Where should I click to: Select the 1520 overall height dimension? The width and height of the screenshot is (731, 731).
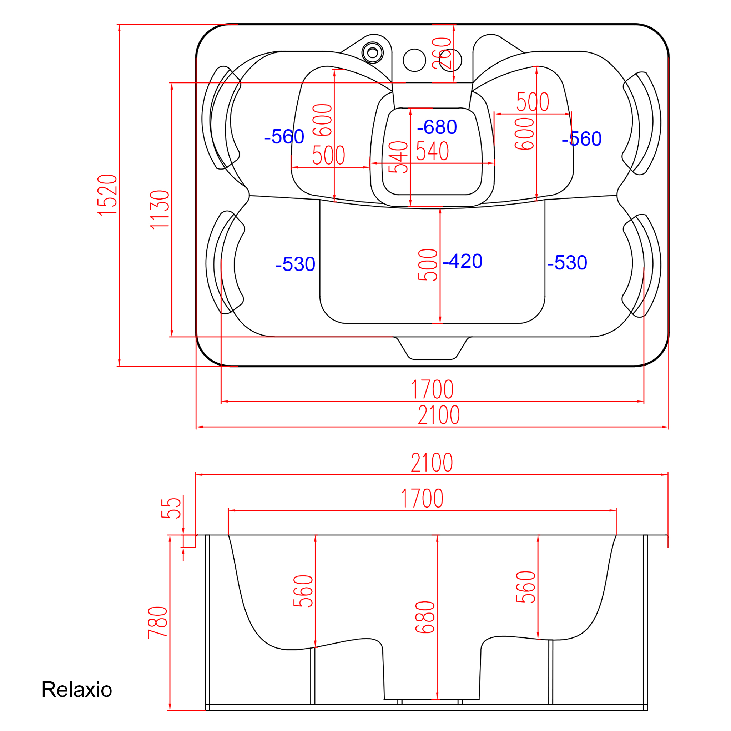pos(107,195)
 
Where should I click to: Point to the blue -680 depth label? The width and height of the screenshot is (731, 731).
pos(437,127)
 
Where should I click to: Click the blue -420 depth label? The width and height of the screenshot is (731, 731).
pos(462,261)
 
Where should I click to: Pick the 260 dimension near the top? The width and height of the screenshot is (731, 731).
pos(442,53)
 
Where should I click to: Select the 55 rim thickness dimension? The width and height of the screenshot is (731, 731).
pos(171,508)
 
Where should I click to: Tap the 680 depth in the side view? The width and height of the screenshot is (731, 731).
pos(425,617)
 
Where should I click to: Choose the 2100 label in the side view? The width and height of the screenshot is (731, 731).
pos(432,462)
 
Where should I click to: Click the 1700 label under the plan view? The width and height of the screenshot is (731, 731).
pos(432,389)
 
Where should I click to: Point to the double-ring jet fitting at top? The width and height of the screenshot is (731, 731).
pos(373,52)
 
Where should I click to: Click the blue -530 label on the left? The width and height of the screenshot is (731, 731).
pos(295,264)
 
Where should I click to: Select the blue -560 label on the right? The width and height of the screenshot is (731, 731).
pos(581,139)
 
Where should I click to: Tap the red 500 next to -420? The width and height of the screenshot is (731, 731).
pos(428,265)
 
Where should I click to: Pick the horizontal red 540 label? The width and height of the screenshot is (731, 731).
pos(433,151)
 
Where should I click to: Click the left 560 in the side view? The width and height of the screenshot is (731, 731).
pos(303,591)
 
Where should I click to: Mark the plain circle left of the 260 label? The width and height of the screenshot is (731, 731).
pos(415,60)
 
